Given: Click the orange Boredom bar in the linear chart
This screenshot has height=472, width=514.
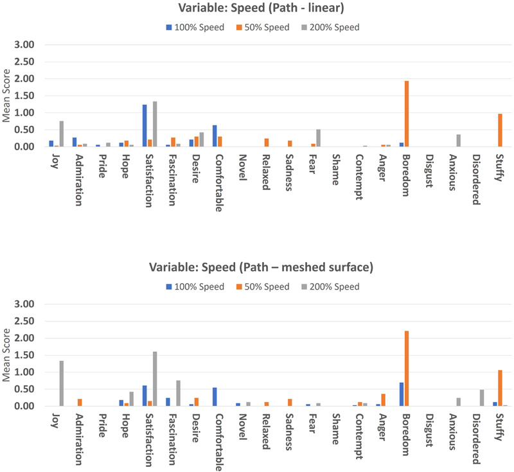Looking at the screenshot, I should pos(407,114).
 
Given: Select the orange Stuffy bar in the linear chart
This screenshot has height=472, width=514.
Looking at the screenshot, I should pos(501,130).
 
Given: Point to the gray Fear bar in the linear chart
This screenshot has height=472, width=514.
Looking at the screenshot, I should pos(318,138).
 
